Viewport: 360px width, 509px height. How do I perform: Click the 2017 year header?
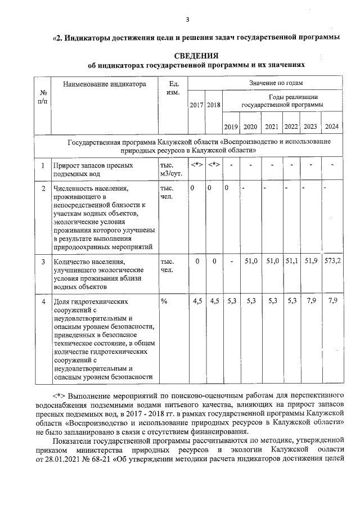tap(196, 105)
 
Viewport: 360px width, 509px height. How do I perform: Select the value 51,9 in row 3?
tap(310, 261)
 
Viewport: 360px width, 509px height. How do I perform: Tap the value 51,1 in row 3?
tap(291, 261)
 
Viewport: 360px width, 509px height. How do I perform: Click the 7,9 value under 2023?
tap(310, 301)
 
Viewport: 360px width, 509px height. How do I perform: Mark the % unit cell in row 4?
tap(164, 302)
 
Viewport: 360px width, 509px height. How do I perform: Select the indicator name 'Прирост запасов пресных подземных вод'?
tap(93, 169)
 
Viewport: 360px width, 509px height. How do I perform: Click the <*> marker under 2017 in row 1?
tap(196, 165)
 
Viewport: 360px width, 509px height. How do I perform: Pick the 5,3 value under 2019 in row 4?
tap(232, 301)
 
